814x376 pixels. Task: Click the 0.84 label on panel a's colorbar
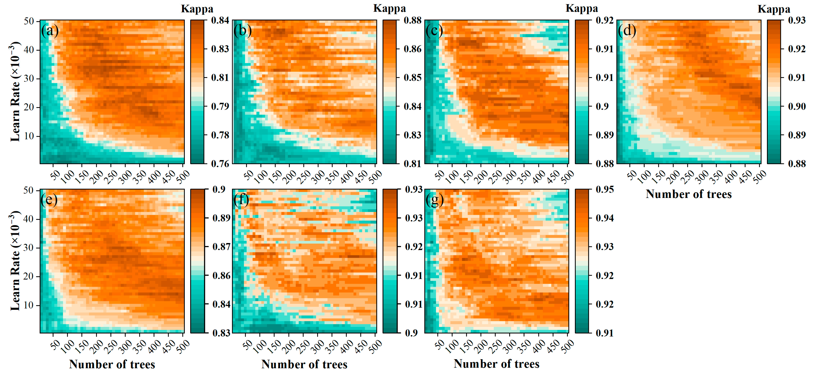coord(220,21)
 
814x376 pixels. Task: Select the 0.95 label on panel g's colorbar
coord(605,189)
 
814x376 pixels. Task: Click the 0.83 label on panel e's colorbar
coord(221,333)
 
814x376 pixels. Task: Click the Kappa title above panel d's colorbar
coord(774,9)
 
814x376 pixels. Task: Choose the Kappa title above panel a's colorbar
coord(197,9)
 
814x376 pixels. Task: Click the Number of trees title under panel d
coord(689,194)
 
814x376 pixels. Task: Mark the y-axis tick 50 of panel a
coord(29,21)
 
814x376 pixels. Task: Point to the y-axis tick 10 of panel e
coord(29,305)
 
